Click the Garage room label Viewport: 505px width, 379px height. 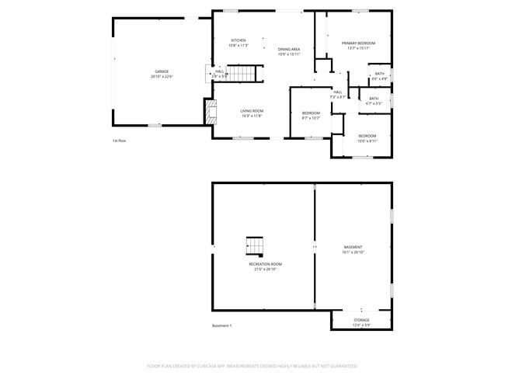coord(162,74)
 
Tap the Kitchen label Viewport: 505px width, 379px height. coord(239,43)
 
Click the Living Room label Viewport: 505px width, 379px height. coord(251,113)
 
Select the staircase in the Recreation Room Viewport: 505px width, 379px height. coord(256,246)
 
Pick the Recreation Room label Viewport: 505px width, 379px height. coord(265,266)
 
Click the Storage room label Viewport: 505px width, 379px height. coord(361,322)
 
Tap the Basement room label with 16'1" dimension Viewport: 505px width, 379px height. coord(353,249)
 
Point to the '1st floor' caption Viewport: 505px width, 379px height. coord(119,141)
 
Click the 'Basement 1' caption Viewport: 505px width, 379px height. coord(222,325)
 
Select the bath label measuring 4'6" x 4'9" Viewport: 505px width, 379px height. coord(379,76)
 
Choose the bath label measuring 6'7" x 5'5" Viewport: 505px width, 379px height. coord(374,100)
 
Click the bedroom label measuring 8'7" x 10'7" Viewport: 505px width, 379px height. coord(311,116)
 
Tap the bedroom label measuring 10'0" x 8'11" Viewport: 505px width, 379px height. coord(367,138)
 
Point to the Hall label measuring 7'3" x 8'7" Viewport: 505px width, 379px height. coord(338,94)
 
